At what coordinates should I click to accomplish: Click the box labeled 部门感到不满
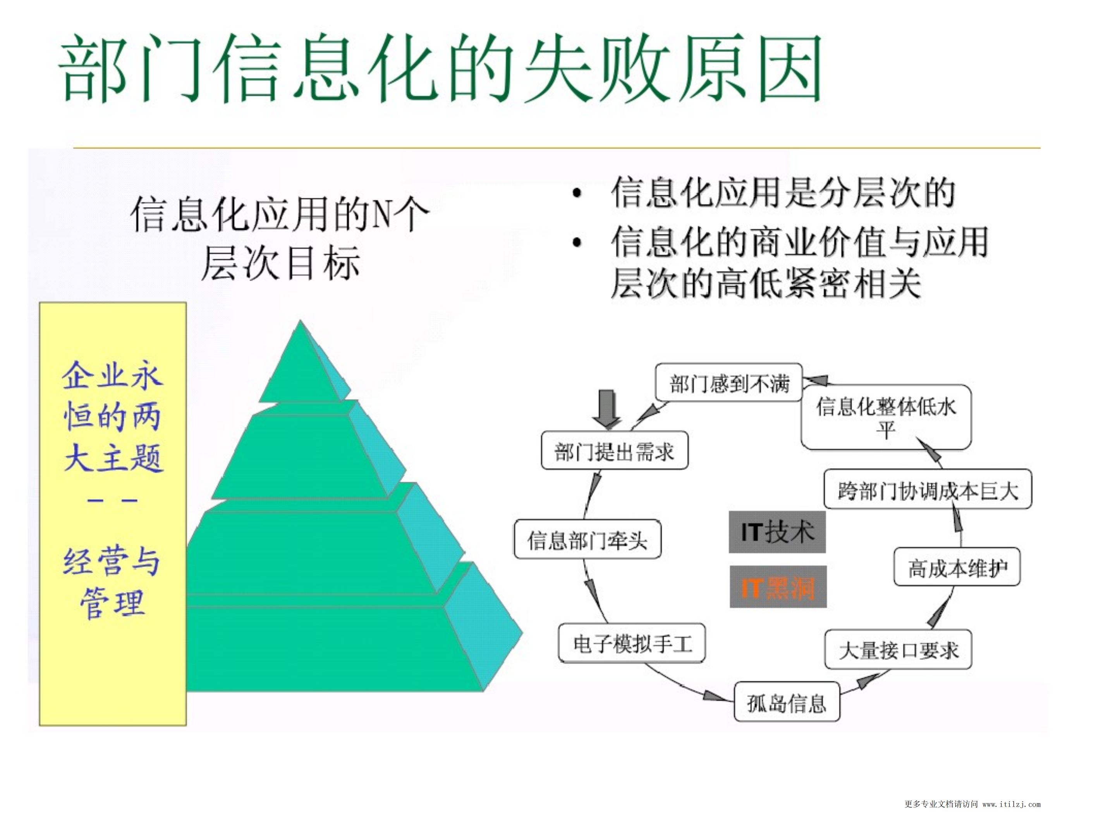coord(728,383)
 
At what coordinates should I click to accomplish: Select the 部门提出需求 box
coord(615,450)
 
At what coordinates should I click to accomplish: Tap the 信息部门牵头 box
coord(587,539)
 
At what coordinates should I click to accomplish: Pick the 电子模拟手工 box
coord(632,643)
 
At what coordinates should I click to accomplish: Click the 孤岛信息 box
coord(786,702)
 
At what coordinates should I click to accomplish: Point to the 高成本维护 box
coord(957,567)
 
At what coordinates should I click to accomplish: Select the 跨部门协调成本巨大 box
coord(928,489)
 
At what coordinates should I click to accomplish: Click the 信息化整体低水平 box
coord(886,417)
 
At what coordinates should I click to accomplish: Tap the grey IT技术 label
coord(777,532)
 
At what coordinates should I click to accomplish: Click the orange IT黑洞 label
coord(778,587)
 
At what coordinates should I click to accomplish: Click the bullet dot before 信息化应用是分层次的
coord(577,193)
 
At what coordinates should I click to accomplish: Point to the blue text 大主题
coord(114,458)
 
